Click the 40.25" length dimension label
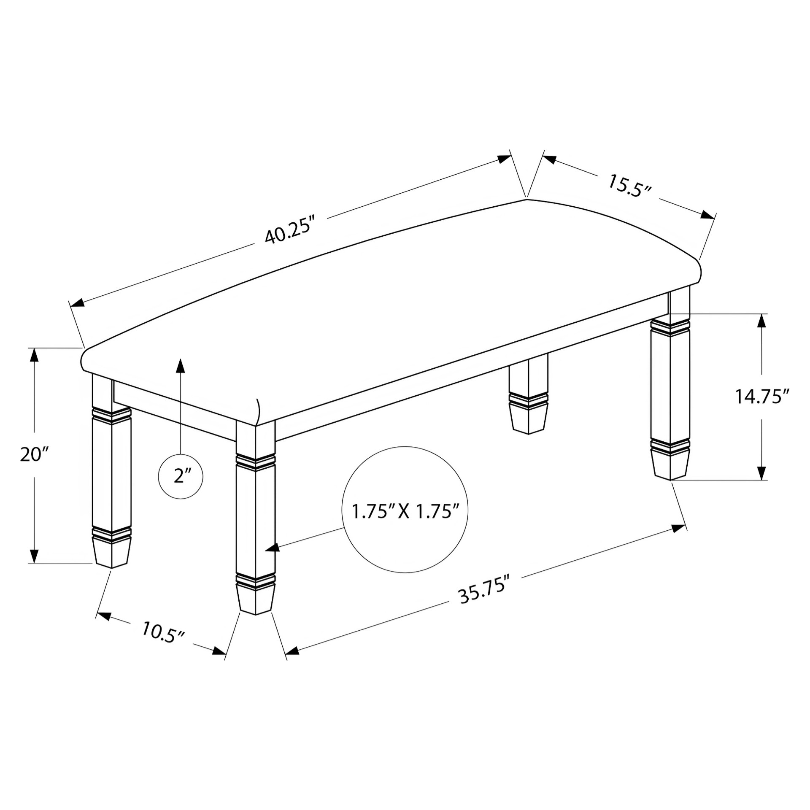click(x=290, y=230)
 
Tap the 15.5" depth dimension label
click(x=630, y=186)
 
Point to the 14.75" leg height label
click(x=762, y=397)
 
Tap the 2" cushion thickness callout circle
click(x=181, y=477)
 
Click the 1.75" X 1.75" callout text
click(x=405, y=512)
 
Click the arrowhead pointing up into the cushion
click(x=181, y=365)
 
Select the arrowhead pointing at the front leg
click(x=273, y=548)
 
